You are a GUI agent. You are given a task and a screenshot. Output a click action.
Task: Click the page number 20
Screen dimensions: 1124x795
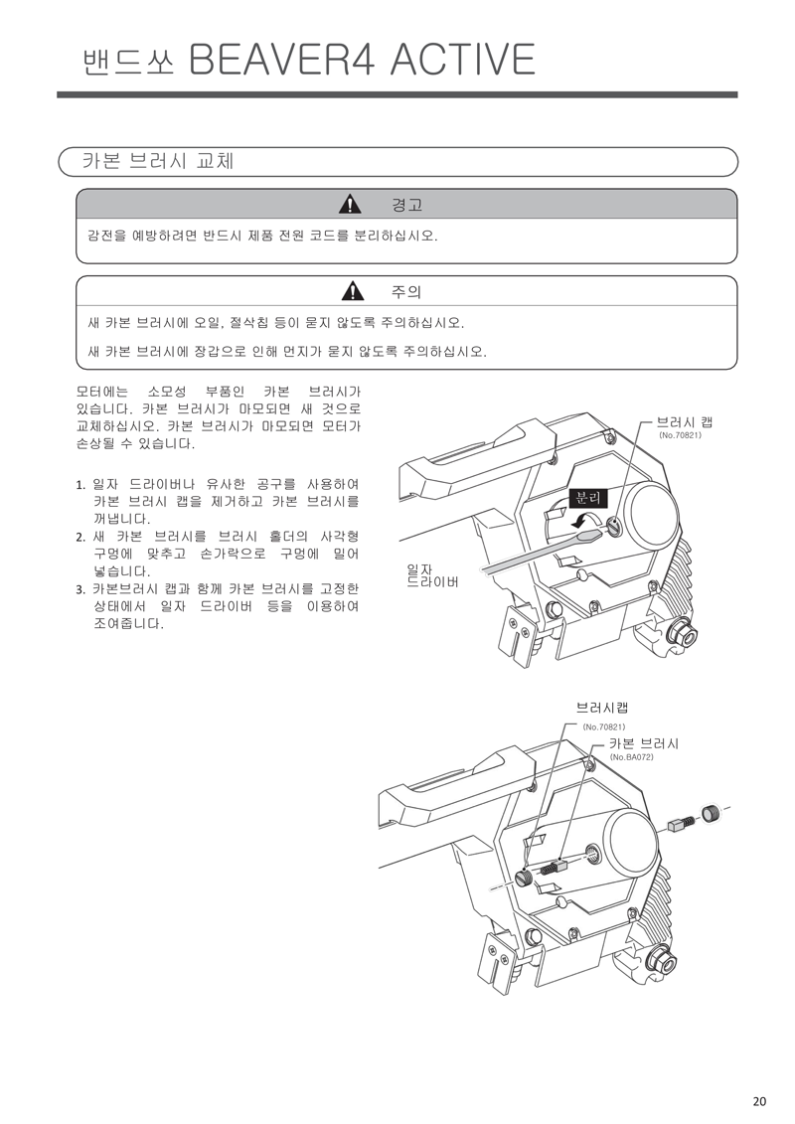759,1100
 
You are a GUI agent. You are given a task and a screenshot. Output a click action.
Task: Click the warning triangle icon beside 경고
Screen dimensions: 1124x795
350,206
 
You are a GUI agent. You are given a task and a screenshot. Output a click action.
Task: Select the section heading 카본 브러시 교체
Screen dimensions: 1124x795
158,161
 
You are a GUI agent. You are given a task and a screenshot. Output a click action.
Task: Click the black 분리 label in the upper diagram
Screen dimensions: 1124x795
587,498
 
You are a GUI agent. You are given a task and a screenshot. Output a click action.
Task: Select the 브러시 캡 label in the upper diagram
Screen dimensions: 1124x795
685,422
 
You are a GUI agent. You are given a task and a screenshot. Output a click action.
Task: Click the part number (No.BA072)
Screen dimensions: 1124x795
631,757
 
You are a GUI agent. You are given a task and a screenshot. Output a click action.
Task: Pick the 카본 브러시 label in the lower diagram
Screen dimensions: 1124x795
644,743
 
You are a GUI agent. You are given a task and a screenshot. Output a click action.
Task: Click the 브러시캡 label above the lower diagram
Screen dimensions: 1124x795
602,708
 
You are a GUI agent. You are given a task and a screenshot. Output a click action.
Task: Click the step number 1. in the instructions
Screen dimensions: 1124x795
81,485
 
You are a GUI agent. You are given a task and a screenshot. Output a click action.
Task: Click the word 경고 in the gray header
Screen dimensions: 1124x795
406,206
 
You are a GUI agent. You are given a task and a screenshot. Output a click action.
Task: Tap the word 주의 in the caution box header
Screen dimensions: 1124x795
406,292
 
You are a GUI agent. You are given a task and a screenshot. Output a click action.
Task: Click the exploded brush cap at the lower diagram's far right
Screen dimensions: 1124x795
710,814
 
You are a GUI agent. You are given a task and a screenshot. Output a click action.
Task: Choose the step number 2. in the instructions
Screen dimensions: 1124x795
81,538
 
